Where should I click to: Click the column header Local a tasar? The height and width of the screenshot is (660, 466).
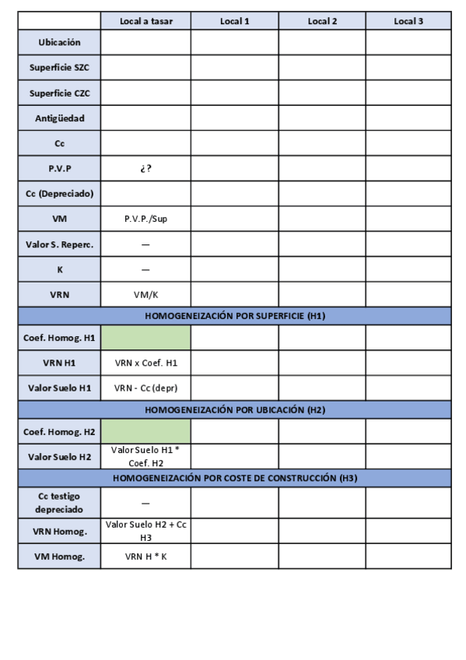[145, 21]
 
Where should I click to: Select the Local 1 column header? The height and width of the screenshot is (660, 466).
[234, 21]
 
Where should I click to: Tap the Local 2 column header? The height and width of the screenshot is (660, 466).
[322, 21]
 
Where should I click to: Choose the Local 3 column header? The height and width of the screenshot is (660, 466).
[408, 21]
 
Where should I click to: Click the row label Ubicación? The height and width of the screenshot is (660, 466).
[59, 42]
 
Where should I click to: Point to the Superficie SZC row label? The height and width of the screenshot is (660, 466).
[59, 68]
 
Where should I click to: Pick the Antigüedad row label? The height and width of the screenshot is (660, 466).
[59, 118]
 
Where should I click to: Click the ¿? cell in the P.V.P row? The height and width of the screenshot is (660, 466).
[145, 168]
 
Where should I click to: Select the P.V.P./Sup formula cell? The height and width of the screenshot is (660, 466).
[145, 219]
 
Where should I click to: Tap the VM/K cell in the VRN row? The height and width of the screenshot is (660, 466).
[145, 294]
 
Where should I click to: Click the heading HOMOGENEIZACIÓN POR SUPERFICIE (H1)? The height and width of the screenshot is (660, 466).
[234, 316]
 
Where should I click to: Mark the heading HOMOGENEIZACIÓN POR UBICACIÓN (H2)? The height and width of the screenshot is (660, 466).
[234, 409]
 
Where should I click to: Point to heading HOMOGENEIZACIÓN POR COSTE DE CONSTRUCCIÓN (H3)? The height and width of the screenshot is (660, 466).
[234, 478]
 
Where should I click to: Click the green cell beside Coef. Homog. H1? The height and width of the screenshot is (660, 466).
[145, 338]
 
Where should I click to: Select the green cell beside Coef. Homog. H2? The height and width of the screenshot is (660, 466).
[145, 431]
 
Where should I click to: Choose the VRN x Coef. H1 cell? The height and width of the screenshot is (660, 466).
[145, 363]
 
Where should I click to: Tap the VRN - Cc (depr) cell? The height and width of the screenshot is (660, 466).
[145, 388]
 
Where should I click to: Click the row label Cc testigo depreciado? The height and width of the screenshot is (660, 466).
[59, 502]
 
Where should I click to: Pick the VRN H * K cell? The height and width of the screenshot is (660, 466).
[145, 556]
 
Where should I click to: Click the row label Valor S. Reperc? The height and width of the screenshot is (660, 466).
[59, 244]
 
